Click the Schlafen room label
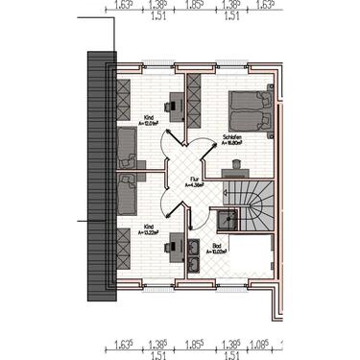pyautogui.click(x=230, y=136)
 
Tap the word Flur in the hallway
pyautogui.click(x=193, y=178)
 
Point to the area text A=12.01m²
pyautogui.click(x=149, y=124)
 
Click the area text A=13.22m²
pyautogui.click(x=149, y=232)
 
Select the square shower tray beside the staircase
pyautogui.click(x=225, y=217)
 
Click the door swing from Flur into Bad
pyautogui.click(x=203, y=206)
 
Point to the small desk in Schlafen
pyautogui.click(x=233, y=171)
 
